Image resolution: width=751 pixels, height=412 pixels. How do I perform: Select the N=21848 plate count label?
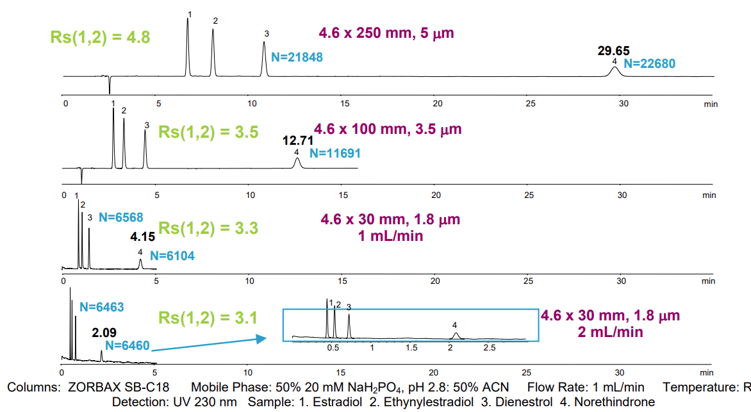(297, 57)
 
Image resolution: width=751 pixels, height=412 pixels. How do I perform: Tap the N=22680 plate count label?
(649, 63)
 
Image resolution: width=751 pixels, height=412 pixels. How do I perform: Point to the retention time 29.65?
(613, 51)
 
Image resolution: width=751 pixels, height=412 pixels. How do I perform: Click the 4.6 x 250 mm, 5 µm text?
(386, 33)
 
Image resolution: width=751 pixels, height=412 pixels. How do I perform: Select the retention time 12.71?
(299, 141)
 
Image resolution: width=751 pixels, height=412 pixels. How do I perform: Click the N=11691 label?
(334, 154)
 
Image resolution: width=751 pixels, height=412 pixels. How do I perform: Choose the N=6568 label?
(121, 217)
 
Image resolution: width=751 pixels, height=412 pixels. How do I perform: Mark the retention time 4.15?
(143, 237)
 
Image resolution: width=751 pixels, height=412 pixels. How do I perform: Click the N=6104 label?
(172, 256)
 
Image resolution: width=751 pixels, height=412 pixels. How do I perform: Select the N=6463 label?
(101, 308)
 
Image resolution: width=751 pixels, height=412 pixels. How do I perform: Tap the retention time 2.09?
(104, 333)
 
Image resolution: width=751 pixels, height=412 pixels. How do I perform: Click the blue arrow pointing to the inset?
(208, 344)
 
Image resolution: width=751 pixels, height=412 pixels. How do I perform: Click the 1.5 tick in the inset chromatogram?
(411, 347)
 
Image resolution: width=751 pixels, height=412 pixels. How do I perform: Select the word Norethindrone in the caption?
(614, 402)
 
